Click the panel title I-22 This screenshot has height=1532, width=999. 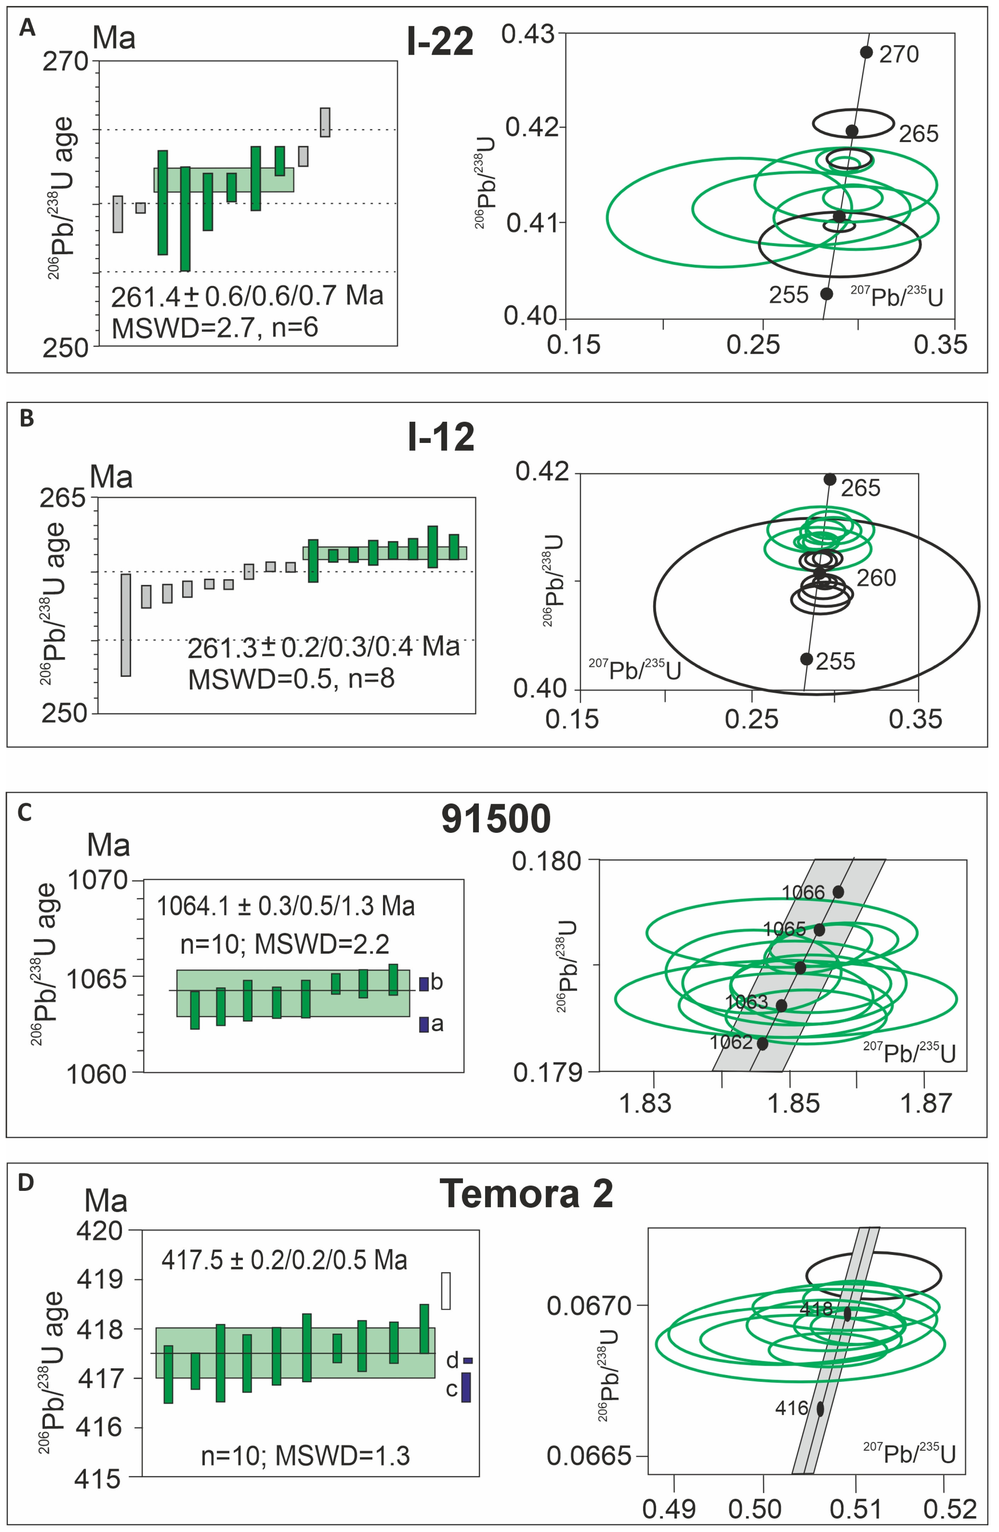441,42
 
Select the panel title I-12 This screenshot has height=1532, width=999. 441,437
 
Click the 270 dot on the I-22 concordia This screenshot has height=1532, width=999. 866,52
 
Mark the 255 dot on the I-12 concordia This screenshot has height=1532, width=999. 806,659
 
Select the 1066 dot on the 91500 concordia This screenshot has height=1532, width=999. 838,891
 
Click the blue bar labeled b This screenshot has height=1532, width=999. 424,984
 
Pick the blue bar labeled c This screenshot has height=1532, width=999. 466,1388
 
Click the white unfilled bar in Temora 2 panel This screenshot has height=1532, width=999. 446,1291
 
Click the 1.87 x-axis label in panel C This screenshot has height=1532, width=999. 925,1103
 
